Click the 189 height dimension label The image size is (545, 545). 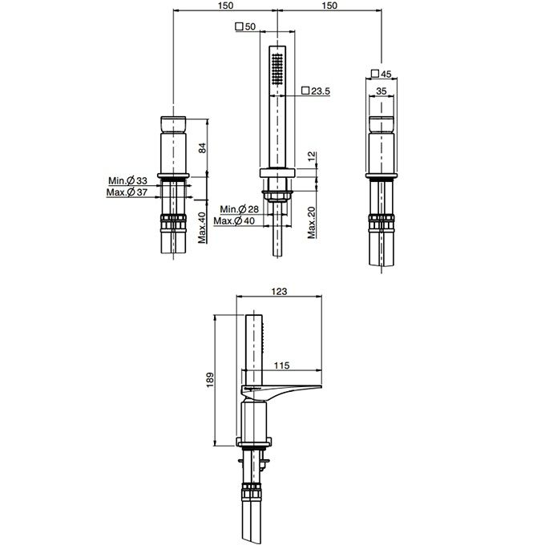pyautogui.click(x=210, y=380)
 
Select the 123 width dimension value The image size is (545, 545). pyautogui.click(x=279, y=291)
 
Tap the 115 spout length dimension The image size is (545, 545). pyautogui.click(x=281, y=365)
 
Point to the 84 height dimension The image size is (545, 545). pyautogui.click(x=202, y=147)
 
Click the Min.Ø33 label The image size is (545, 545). pyautogui.click(x=127, y=180)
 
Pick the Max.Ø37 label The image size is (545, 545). pyautogui.click(x=127, y=192)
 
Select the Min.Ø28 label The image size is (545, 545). pyautogui.click(x=240, y=209)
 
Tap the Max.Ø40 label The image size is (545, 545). pyautogui.click(x=234, y=220)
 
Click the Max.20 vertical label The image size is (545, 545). pyautogui.click(x=312, y=223)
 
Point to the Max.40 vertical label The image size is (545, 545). pyautogui.click(x=202, y=228)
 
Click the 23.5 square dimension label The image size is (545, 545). pyautogui.click(x=316, y=91)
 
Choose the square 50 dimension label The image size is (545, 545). pyautogui.click(x=245, y=26)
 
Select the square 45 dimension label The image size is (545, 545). pyautogui.click(x=381, y=74)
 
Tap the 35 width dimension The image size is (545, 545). pyautogui.click(x=381, y=91)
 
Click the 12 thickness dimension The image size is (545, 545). pyautogui.click(x=312, y=155)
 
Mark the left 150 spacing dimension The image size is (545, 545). pyautogui.click(x=225, y=6)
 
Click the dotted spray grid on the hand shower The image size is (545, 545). pyautogui.click(x=277, y=69)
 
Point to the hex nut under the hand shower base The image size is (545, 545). pyautogui.click(x=277, y=196)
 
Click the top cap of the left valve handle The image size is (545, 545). pyautogui.click(x=173, y=123)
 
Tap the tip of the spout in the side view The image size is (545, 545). pyautogui.click(x=321, y=386)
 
